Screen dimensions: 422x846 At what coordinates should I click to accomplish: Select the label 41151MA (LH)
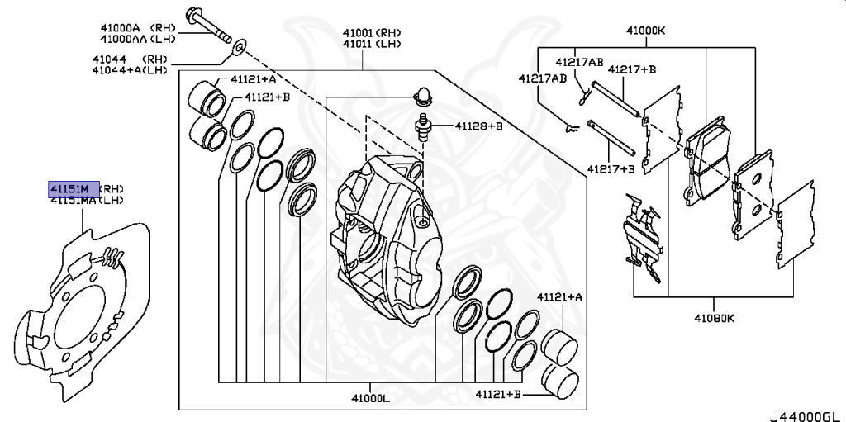pos(85,200)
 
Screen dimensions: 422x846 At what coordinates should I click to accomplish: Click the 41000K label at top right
pos(645,31)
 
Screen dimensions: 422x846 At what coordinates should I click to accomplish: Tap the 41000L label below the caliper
pos(369,398)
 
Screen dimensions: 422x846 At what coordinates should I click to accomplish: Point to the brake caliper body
pos(388,239)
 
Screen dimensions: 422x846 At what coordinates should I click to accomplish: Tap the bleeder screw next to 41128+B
pos(423,129)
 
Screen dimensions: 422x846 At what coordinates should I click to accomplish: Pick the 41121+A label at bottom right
pos(559,297)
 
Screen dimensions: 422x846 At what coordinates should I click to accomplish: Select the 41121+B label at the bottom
pos(498,396)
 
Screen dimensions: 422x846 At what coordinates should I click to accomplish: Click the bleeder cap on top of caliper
pos(421,95)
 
